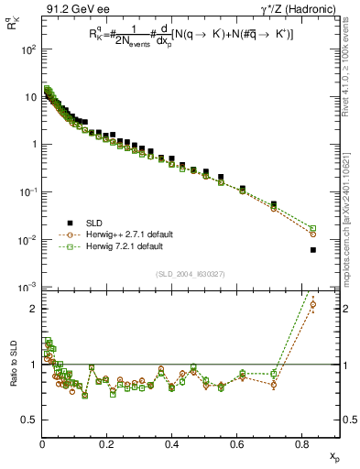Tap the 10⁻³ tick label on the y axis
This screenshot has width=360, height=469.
point(27,288)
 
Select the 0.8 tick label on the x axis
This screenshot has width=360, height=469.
point(302,444)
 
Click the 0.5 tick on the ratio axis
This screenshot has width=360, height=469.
point(30,420)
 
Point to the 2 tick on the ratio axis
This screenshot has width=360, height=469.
point(34,309)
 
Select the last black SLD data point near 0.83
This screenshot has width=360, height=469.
point(313,250)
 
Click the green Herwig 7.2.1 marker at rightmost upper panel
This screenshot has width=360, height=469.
point(313,228)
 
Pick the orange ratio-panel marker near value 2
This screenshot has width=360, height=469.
point(313,305)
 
